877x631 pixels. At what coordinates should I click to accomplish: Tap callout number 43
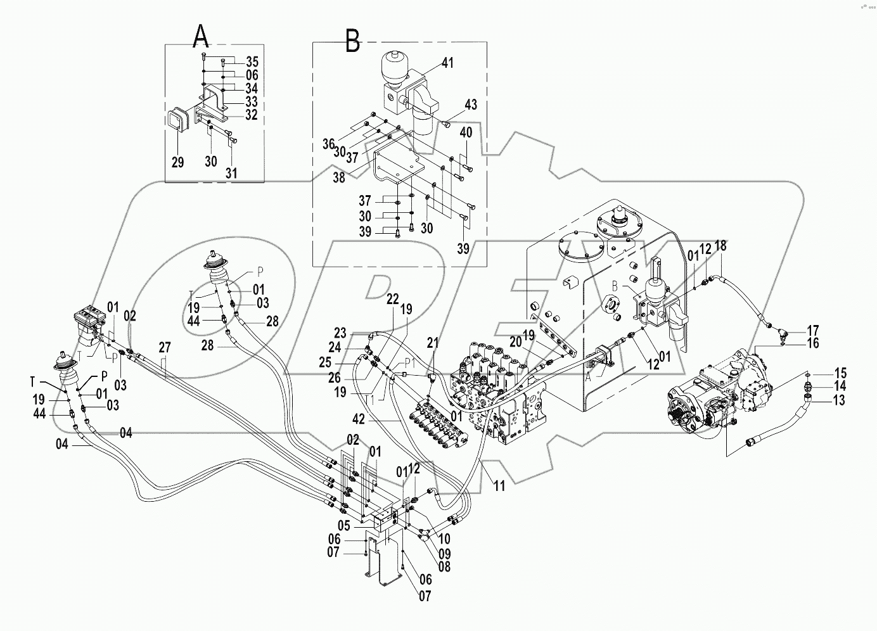470,105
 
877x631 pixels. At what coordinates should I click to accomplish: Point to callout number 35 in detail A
252,62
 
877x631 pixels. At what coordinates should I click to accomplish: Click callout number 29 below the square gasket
177,162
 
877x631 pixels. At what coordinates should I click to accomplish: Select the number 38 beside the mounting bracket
339,178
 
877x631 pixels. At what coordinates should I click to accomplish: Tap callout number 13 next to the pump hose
822,400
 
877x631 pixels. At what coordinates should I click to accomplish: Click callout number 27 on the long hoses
165,348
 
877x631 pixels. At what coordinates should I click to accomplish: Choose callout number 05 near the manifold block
343,525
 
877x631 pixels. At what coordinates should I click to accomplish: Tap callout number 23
341,333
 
